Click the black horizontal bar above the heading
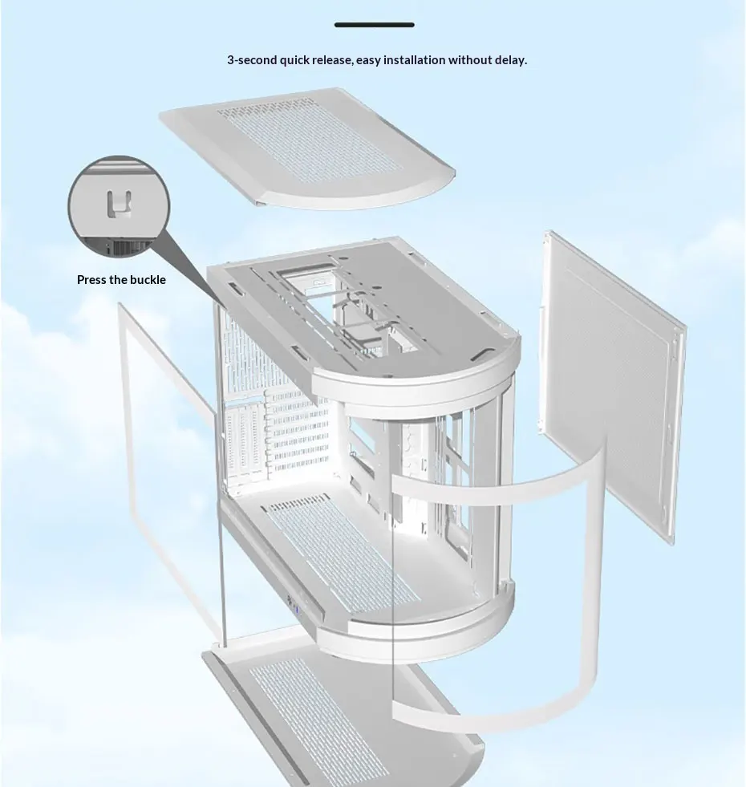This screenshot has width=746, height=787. point(374,25)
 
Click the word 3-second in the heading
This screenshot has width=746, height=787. point(252,60)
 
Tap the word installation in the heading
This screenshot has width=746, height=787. point(414,60)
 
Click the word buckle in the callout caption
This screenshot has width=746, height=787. point(148,280)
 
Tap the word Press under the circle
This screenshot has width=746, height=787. point(91,280)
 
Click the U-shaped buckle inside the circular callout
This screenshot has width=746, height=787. point(117,204)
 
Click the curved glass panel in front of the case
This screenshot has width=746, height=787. point(497,594)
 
